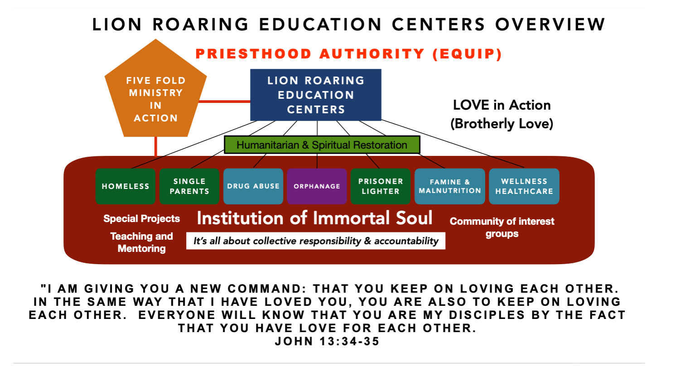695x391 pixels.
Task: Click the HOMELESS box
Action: point(125,186)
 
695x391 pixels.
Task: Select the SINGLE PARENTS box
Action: point(189,186)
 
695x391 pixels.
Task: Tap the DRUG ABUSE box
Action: point(253,186)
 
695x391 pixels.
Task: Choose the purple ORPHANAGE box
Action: point(317,186)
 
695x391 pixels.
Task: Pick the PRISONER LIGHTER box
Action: point(381,186)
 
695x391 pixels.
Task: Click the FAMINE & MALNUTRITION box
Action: point(450,186)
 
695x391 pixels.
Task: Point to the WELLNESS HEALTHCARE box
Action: point(524,186)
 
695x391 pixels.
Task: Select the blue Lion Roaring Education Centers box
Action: point(316,95)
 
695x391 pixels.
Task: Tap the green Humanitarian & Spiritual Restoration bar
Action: point(322,145)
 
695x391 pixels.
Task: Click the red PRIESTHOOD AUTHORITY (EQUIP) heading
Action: point(349,54)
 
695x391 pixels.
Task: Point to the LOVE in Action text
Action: point(502,105)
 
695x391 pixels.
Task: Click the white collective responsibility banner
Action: point(316,241)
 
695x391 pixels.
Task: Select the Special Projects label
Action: point(141,218)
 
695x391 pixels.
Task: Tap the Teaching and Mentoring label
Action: point(141,242)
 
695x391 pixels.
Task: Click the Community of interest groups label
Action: point(502,227)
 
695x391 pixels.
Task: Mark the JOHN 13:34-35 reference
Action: point(327,341)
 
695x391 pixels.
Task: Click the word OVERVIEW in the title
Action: point(550,24)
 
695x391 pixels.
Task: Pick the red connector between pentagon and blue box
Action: point(225,101)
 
